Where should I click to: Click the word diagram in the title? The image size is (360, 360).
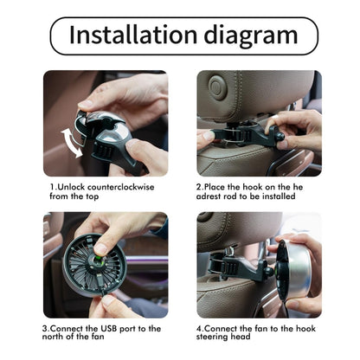pos(251,35)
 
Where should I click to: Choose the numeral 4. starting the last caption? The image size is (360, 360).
pos(200,328)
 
